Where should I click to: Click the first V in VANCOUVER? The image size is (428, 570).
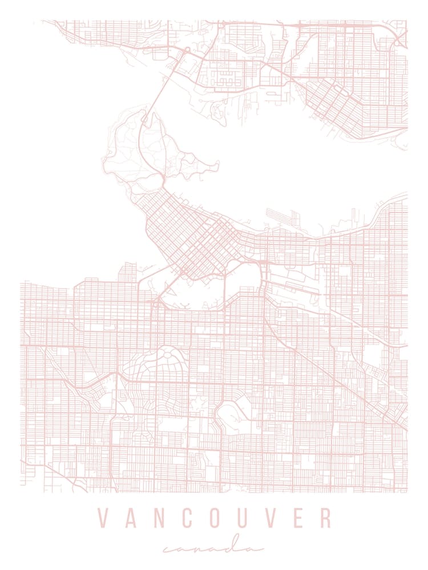[103, 518]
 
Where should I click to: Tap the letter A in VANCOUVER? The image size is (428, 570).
[132, 518]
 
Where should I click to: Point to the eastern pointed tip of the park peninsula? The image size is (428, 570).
[217, 165]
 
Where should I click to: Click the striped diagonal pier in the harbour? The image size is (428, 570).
[278, 215]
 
